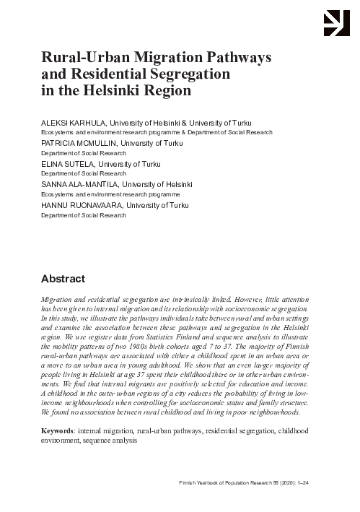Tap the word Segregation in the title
[x=184, y=74]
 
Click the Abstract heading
[x=62, y=279]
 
